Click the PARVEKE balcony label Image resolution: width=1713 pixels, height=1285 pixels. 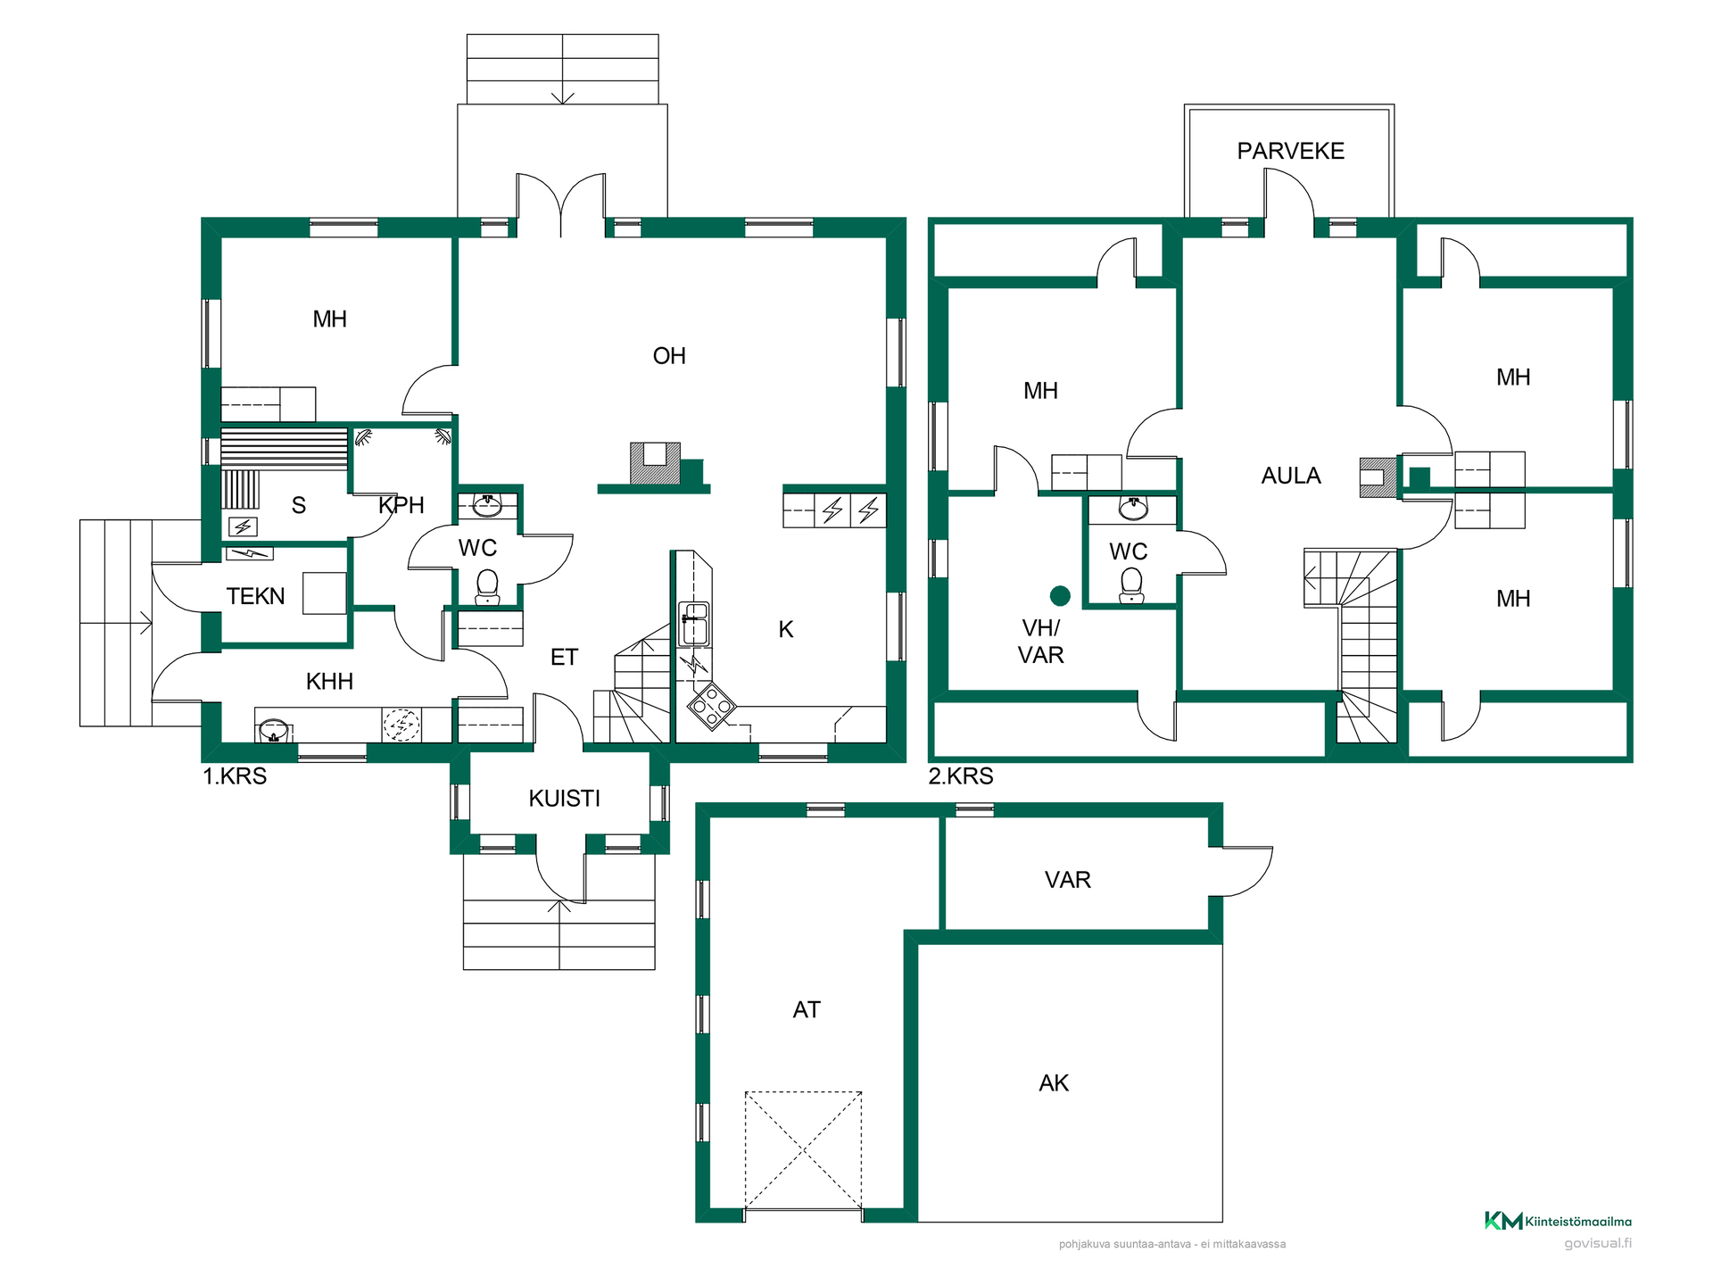(1290, 151)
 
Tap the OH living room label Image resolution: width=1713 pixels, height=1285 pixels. (669, 356)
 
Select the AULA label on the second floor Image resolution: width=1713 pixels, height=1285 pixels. (1291, 476)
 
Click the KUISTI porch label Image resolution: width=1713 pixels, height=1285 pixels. (564, 798)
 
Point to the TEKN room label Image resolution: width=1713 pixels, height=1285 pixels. (255, 596)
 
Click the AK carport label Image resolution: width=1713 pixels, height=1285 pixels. (1054, 1083)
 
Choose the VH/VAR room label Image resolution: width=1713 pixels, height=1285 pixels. (1041, 642)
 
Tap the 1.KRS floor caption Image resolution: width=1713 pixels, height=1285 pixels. (235, 776)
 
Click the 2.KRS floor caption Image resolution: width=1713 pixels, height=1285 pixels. (961, 776)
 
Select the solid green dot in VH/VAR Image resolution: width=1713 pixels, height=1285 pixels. (1060, 595)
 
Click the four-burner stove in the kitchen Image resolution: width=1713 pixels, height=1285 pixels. (711, 707)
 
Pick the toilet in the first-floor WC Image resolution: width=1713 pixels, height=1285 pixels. (487, 586)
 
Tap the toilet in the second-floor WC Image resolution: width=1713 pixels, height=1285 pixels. (1131, 584)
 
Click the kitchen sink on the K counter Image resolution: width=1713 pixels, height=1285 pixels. (694, 624)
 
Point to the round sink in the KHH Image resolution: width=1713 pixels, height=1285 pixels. (274, 731)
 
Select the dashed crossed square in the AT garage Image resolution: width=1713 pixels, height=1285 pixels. (804, 1150)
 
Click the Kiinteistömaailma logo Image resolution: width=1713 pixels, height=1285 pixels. (1558, 1221)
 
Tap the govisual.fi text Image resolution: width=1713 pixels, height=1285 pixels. (1598, 1243)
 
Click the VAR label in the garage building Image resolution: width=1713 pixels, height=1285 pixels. (1067, 880)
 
